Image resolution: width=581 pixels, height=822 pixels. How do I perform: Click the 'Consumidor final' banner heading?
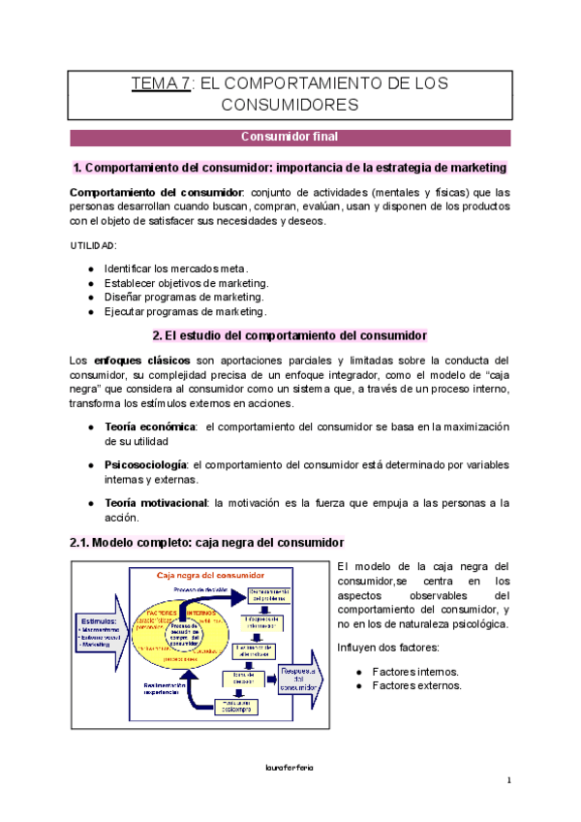289,138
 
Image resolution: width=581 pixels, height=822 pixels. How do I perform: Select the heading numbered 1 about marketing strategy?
290,168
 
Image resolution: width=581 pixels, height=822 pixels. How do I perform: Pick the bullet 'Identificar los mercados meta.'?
175,268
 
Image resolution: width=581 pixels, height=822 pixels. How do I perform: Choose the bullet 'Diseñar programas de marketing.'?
183,297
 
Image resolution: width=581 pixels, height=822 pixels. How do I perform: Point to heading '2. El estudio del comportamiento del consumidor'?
290,335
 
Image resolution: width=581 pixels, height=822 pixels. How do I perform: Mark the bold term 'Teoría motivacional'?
155,502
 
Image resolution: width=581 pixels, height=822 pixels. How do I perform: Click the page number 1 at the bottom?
507,781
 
